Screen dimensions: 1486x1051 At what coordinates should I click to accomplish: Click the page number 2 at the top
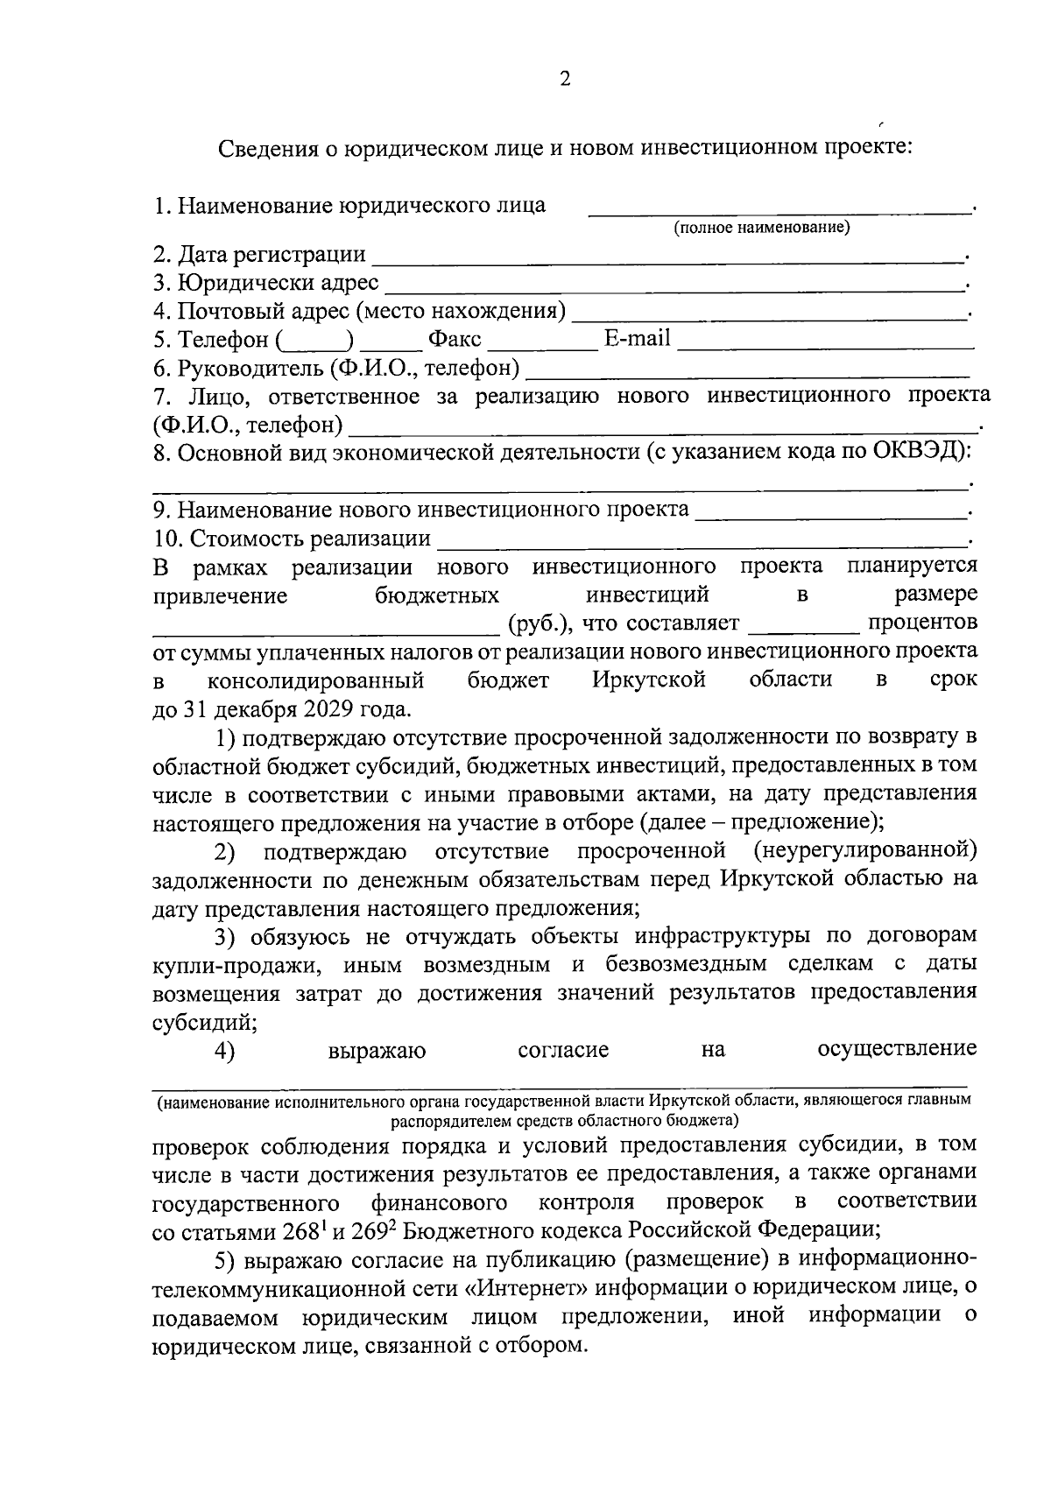coord(565,80)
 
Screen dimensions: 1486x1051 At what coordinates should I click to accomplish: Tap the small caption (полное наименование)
coord(761,229)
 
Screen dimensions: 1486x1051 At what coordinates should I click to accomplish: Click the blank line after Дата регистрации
coord(666,259)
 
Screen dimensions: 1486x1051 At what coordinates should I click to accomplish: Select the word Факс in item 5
coord(454,339)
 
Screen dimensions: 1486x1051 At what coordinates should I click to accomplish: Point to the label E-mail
coord(637,338)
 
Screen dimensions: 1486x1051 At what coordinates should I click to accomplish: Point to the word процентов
coord(922,623)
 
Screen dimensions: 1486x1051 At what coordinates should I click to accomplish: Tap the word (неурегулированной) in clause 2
coord(864,850)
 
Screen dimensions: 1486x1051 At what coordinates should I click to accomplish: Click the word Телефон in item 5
coord(222,339)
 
